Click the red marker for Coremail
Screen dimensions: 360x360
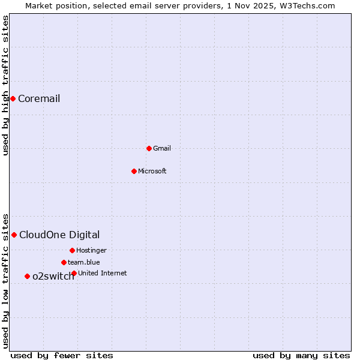[x=13, y=98]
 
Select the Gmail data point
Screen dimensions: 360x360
[x=149, y=148]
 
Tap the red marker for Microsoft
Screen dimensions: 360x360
[x=134, y=171]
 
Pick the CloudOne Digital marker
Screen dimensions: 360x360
[x=14, y=235]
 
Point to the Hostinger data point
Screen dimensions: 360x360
[x=72, y=250]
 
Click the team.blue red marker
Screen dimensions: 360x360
[x=64, y=262]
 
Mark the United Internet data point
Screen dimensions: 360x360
[x=74, y=273]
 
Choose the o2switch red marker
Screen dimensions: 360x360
[x=27, y=276]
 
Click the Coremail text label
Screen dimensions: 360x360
[x=39, y=99]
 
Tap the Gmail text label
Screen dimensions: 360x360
[x=162, y=149]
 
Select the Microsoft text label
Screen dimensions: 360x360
[x=152, y=172]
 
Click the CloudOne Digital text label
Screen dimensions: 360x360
[x=59, y=235]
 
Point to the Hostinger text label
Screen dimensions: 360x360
[x=91, y=251]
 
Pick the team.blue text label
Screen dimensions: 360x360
[x=84, y=263]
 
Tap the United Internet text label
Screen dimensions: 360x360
[x=103, y=274]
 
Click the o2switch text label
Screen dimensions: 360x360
[x=53, y=277]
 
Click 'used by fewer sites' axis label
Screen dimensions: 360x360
[x=62, y=355]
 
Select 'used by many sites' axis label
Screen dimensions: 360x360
[x=301, y=355]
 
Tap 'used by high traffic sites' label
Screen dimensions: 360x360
[x=6, y=85]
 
